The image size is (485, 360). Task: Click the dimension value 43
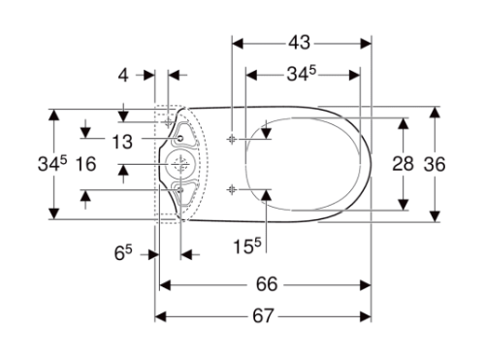coord(302,43)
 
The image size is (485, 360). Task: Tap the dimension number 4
coord(122,75)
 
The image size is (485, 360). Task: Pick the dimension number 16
coord(85,164)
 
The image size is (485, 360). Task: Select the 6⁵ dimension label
coord(123,254)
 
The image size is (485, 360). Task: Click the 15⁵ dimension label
coord(245,245)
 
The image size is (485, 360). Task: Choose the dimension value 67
coord(265,316)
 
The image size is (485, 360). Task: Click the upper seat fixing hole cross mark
coord(231,139)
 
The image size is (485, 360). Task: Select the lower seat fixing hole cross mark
coord(231,187)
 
